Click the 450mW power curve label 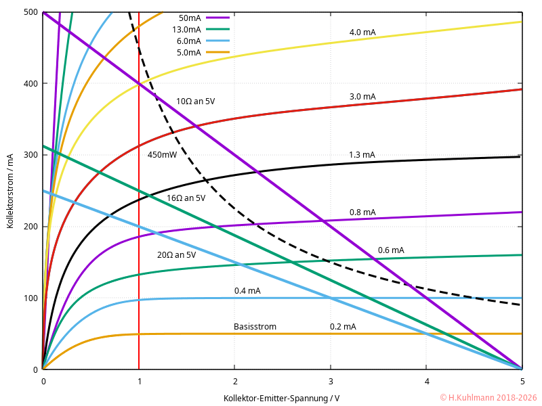(162, 155)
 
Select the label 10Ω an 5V (195, 101)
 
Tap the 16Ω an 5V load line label (186, 198)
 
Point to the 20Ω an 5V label (176, 255)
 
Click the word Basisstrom (255, 327)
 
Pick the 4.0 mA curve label (362, 32)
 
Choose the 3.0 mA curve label (362, 97)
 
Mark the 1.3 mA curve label (362, 155)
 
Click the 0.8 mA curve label (362, 212)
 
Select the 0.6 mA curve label (391, 250)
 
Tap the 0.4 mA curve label (247, 291)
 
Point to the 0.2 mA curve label (343, 327)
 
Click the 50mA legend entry (190, 18)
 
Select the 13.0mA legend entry (186, 29)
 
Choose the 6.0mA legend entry (188, 41)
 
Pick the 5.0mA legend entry (188, 52)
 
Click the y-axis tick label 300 (29, 155)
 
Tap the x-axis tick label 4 (426, 382)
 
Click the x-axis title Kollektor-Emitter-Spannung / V (281, 398)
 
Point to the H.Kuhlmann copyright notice (488, 398)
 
